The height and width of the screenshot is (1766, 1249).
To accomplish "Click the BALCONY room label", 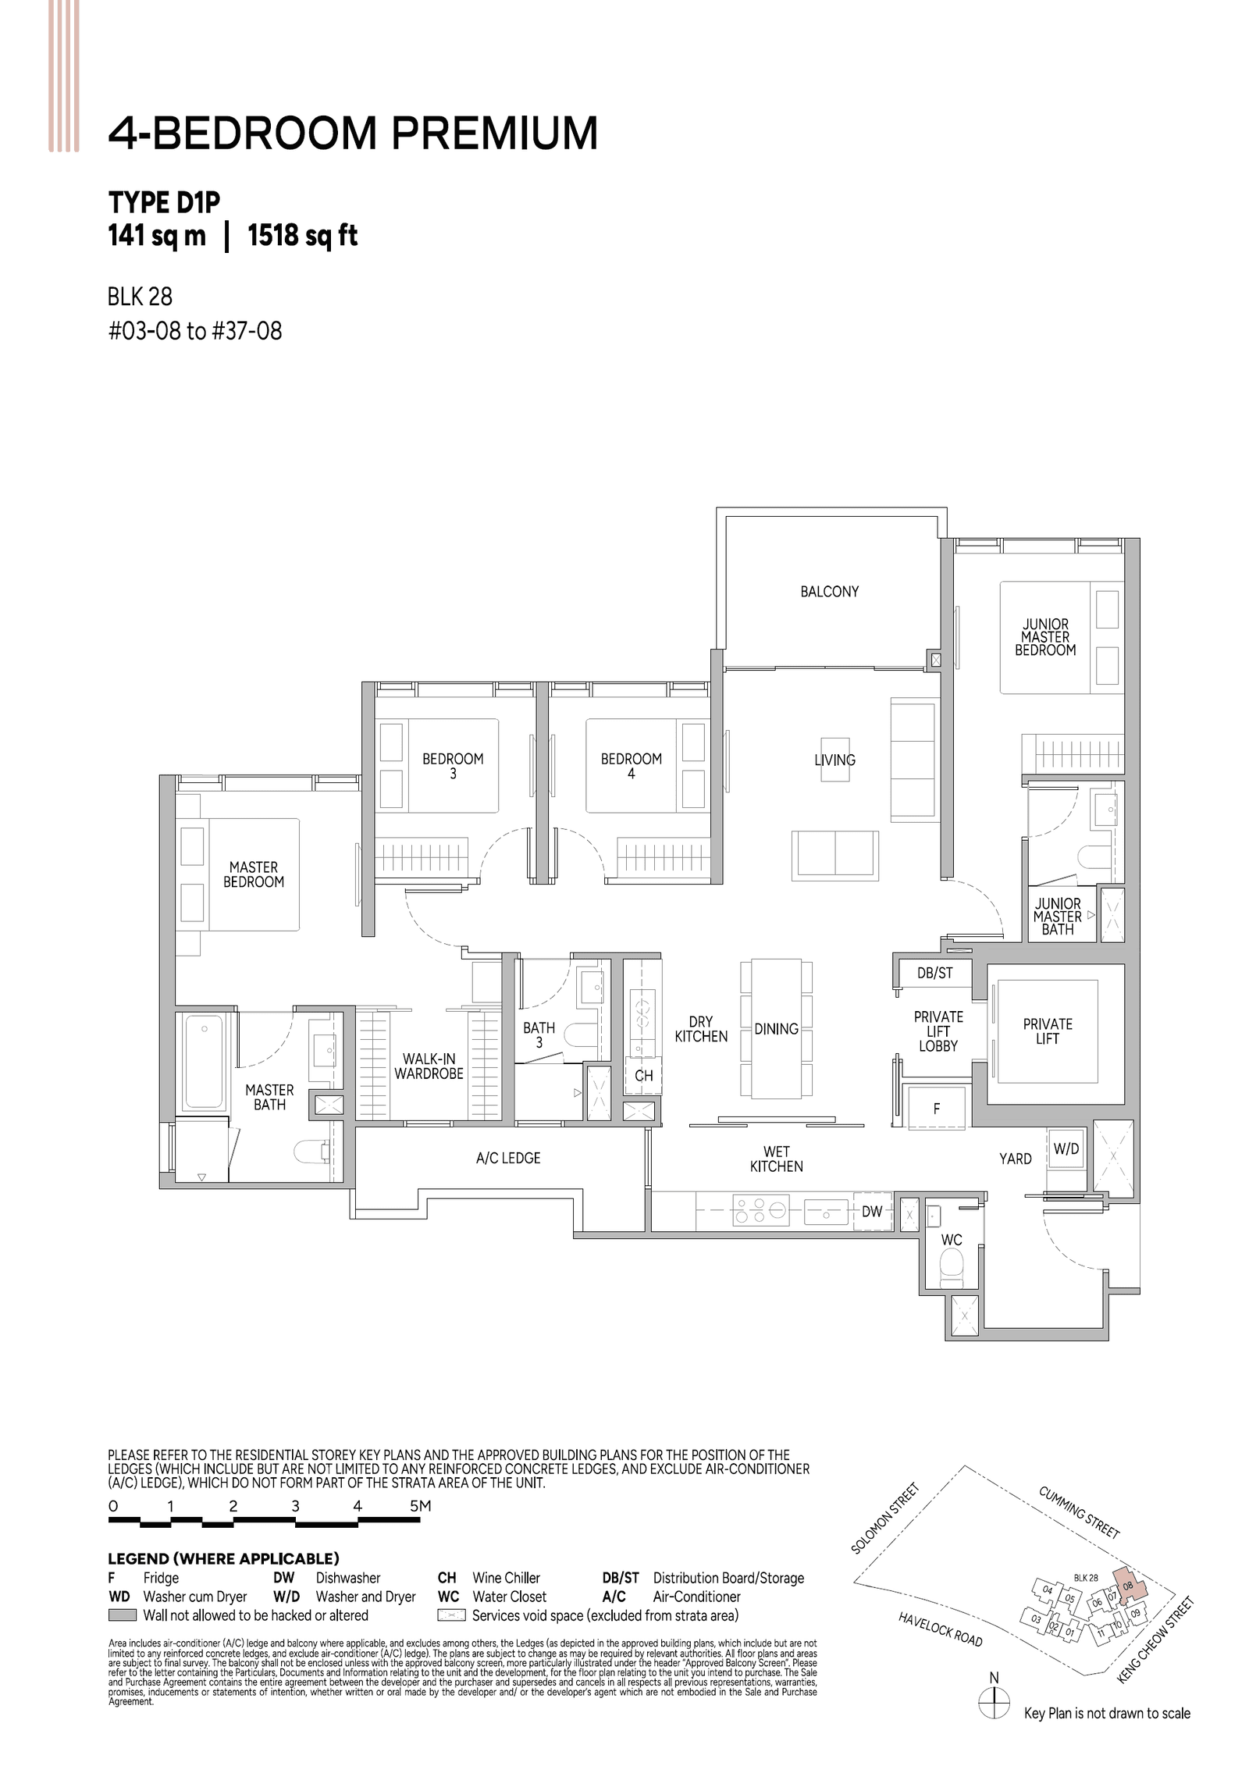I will click(x=829, y=592).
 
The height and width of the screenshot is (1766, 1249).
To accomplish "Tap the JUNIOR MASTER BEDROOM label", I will click(x=1044, y=637).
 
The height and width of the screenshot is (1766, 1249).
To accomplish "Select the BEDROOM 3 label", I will click(x=453, y=766).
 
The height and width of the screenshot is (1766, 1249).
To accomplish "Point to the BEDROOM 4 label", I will click(x=631, y=766).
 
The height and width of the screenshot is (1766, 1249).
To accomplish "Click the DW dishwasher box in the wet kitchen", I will click(x=871, y=1212).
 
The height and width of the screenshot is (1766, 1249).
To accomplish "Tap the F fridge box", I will click(x=936, y=1108).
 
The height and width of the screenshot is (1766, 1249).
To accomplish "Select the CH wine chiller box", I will click(x=643, y=1076).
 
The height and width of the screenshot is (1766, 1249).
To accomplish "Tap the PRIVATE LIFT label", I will click(x=1047, y=1031).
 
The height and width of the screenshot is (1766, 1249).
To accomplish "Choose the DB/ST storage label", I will click(x=934, y=973).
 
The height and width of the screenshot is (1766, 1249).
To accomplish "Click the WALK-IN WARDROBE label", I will click(x=429, y=1066).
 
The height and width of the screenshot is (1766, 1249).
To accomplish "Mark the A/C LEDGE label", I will click(x=508, y=1158).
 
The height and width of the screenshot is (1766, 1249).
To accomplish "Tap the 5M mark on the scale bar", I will click(x=420, y=1506).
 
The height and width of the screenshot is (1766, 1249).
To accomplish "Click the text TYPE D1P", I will click(x=165, y=202).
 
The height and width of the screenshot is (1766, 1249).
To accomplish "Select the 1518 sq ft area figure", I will click(x=302, y=235).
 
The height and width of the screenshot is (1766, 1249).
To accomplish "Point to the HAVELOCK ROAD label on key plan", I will click(x=940, y=1629).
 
